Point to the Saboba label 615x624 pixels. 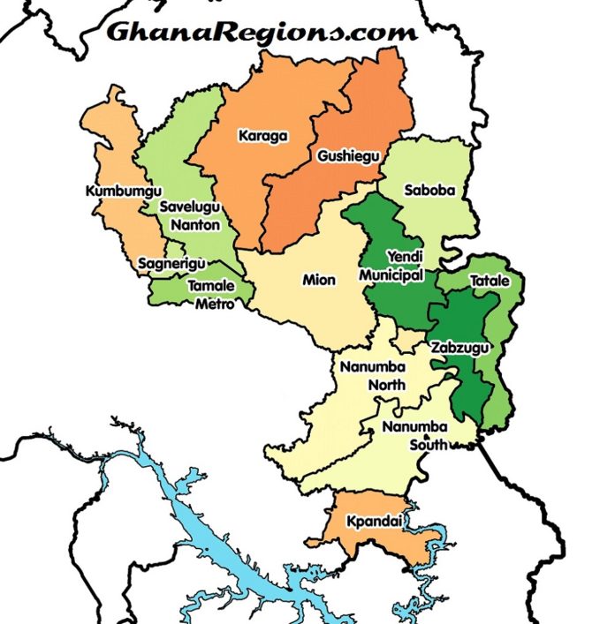click(427, 189)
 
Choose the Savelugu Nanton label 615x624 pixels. click(188, 214)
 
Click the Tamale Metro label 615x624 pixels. click(212, 295)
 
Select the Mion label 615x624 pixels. click(319, 280)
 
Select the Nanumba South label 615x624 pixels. click(415, 435)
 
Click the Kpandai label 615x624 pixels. click(375, 521)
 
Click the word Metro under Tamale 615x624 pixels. click(215, 304)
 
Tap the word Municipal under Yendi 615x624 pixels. click(391, 275)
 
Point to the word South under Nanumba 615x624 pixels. click(429, 444)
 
